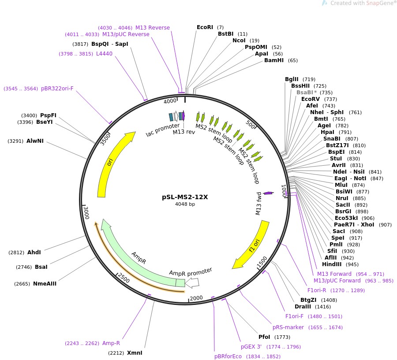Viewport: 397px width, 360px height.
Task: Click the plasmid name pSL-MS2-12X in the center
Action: [x=185, y=197]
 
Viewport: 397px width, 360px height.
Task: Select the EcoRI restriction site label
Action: [x=205, y=27]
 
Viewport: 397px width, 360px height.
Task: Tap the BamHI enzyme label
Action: [x=273, y=60]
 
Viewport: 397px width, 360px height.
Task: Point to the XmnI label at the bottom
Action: [x=135, y=353]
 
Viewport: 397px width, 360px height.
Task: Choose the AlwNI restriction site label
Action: [x=35, y=141]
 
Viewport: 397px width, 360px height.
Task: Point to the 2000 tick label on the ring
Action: [x=196, y=298]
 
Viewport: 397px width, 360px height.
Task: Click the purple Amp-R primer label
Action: [x=111, y=343]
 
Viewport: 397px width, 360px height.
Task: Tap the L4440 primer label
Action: [x=104, y=54]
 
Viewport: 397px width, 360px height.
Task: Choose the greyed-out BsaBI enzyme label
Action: [x=304, y=93]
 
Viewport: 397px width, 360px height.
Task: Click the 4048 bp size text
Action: [x=185, y=204]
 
